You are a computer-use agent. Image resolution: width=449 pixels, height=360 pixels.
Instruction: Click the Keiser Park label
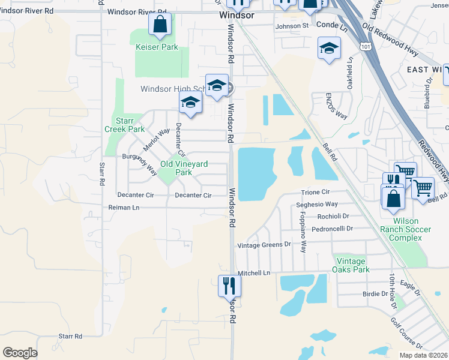point(157,47)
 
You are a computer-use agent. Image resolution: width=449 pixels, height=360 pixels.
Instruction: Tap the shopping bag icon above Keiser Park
point(160,25)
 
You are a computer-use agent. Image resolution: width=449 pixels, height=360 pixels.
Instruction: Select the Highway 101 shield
point(365,46)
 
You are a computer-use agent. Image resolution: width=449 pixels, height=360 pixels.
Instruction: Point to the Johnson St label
point(292,26)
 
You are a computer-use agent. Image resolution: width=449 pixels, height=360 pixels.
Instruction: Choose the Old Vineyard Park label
point(175,168)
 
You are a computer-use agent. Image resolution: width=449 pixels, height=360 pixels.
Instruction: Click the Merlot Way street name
point(155,140)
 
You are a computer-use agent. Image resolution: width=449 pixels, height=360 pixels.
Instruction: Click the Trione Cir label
point(316,192)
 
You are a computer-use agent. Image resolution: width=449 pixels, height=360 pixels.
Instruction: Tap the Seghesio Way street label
point(317,205)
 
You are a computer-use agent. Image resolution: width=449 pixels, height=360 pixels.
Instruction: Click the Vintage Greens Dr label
point(264,245)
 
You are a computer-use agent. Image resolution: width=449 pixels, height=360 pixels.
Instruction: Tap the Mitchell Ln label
point(254,273)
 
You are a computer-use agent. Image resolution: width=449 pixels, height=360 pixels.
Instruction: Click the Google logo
point(20,353)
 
